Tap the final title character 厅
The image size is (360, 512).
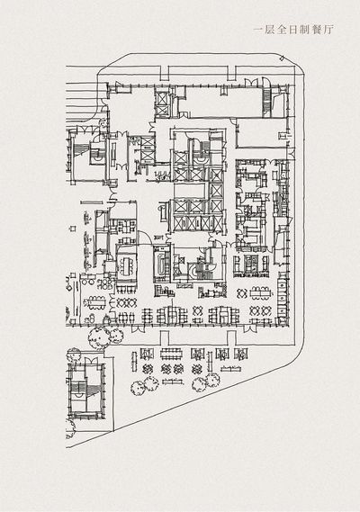[x=328, y=30]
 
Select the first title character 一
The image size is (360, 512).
[x=258, y=30]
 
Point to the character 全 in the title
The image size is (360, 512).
[x=282, y=30]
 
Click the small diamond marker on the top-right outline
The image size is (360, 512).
[x=283, y=58]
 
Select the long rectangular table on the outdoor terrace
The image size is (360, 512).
[x=173, y=354]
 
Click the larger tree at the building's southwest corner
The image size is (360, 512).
[x=98, y=338]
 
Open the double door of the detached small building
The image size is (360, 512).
[x=91, y=361]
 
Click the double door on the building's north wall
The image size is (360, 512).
[x=251, y=82]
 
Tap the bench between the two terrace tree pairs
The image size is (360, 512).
[x=173, y=382]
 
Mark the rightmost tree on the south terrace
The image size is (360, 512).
[x=212, y=379]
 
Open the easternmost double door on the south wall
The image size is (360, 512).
[x=250, y=328]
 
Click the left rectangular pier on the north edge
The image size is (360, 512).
[x=165, y=74]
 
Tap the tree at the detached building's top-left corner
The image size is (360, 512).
[x=74, y=355]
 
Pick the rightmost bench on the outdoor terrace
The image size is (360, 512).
[x=231, y=369]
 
